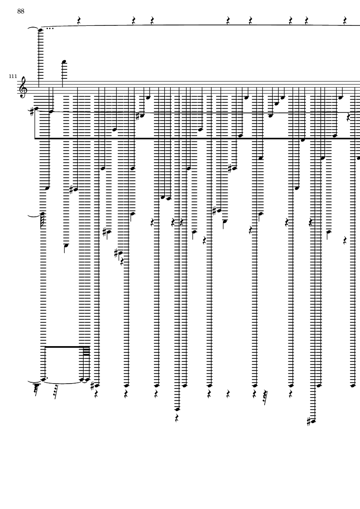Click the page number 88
coord(21,11)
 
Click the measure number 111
coord(13,76)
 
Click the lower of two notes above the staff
coord(64,62)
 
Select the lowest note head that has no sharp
coord(177,409)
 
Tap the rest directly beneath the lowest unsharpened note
coord(177,418)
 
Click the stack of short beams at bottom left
coord(86,351)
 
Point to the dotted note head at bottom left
coord(43,380)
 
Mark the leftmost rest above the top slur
coord(79,20)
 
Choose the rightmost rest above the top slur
coord(345,20)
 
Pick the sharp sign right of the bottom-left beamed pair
coord(92,386)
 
